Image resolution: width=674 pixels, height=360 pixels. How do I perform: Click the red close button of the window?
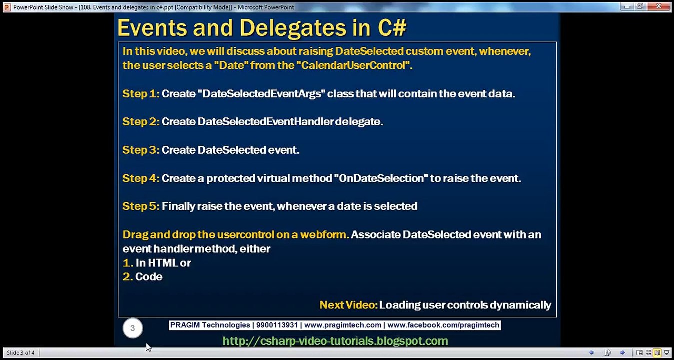pyautogui.click(x=658, y=6)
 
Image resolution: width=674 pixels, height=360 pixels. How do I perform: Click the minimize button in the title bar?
pyautogui.click(x=627, y=6)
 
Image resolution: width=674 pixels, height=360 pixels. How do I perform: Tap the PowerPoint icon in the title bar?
pyautogui.click(x=7, y=7)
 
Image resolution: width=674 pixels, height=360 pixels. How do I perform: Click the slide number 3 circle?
pyautogui.click(x=133, y=328)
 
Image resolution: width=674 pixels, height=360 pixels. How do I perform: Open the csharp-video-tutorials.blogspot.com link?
pyautogui.click(x=335, y=341)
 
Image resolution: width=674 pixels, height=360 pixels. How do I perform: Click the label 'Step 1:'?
pyautogui.click(x=141, y=94)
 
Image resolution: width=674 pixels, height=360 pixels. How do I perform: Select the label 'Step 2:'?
pyautogui.click(x=141, y=122)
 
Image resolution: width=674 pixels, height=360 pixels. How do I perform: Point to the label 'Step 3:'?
pyautogui.click(x=141, y=150)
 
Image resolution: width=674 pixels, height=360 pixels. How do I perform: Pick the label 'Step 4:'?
pyautogui.click(x=141, y=178)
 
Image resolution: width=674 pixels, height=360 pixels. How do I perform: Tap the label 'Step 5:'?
pyautogui.click(x=141, y=206)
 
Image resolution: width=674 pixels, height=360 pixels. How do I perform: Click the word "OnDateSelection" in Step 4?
pyautogui.click(x=381, y=178)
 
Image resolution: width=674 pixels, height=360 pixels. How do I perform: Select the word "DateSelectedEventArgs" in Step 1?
pyautogui.click(x=262, y=94)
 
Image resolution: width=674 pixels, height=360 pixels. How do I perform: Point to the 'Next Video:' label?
pyautogui.click(x=348, y=305)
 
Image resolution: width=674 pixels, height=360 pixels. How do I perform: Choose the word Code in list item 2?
pyautogui.click(x=149, y=276)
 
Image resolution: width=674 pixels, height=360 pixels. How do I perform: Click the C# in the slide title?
pyautogui.click(x=392, y=27)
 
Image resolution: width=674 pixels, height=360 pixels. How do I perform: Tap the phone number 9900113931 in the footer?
pyautogui.click(x=277, y=325)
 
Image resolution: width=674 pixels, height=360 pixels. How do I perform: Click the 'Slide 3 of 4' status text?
pyautogui.click(x=21, y=353)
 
